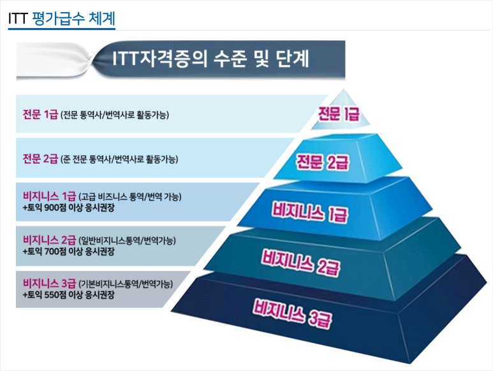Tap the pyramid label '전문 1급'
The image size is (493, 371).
coord(339,115)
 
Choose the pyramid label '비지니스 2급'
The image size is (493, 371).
coord(298,259)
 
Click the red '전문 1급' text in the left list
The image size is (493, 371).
coord(40,115)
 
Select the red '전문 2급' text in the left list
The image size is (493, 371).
coord(40,158)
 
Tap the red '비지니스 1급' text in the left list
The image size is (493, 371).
coord(48,196)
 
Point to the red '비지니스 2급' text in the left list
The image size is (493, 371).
coord(48,240)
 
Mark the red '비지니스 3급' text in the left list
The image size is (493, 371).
coord(48,283)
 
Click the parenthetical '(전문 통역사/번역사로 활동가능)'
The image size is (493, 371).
coord(115,115)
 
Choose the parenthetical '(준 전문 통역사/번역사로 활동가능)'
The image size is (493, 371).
coord(119,159)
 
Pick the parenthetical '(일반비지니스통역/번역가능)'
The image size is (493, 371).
coord(127,240)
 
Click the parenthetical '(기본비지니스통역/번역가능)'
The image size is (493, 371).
coord(126,284)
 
